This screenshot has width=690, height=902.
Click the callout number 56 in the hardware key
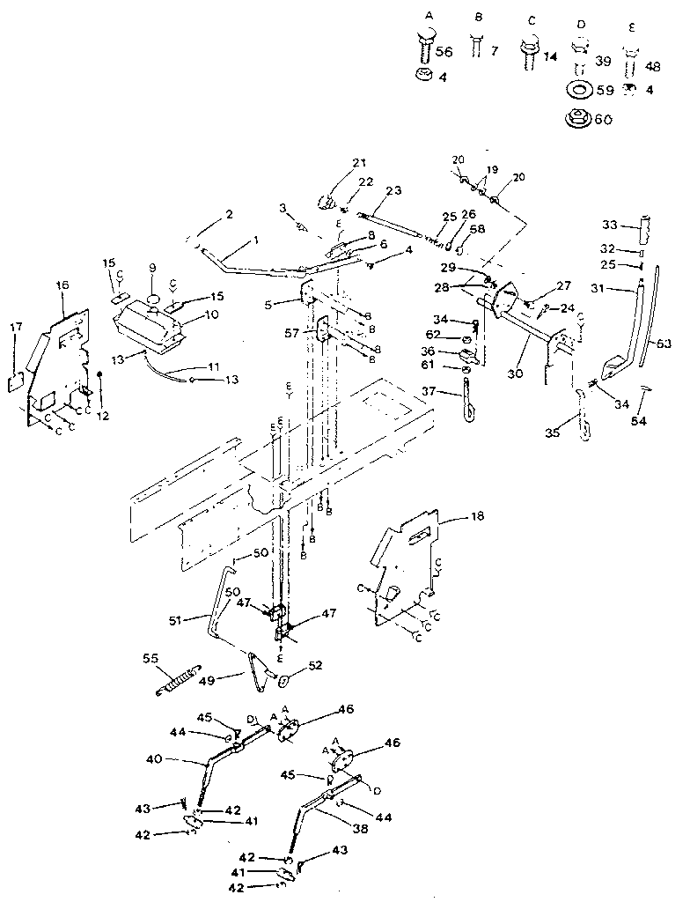tap(444, 52)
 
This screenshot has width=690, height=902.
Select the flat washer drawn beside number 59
tap(578, 90)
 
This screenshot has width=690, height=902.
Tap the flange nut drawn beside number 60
tap(578, 117)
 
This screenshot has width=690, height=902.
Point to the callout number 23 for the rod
tap(393, 190)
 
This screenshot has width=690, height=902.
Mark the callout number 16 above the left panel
tap(62, 287)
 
